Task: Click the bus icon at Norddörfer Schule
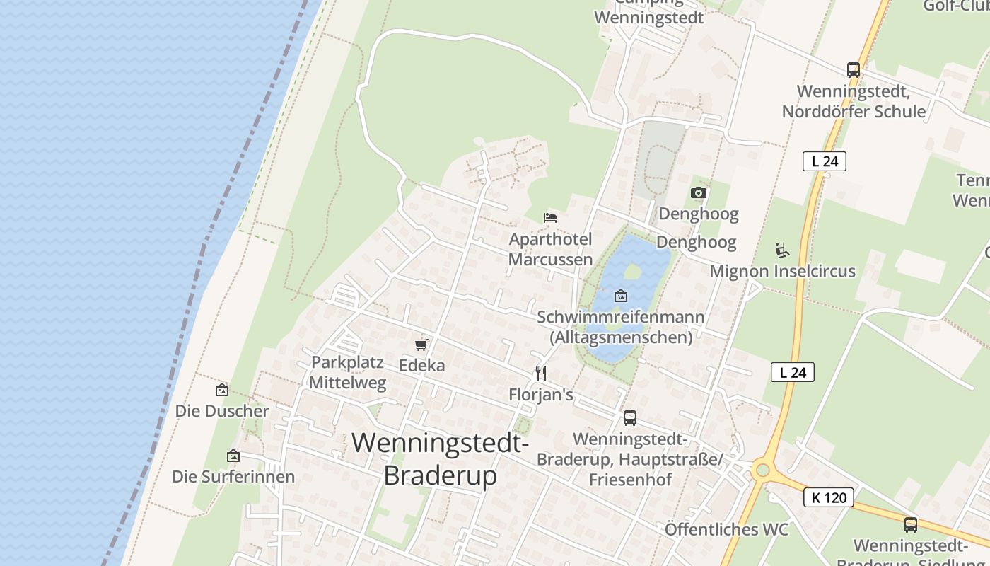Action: (854, 70)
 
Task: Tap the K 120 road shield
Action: (829, 497)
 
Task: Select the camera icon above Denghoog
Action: (699, 192)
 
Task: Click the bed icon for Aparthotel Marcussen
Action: (550, 217)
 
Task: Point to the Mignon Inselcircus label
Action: (782, 271)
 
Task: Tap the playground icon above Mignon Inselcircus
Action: (782, 250)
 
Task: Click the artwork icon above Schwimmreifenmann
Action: (621, 296)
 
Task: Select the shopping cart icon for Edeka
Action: (421, 345)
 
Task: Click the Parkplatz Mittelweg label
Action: (349, 373)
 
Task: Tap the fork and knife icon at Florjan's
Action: (541, 373)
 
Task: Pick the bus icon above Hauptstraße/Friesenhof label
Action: (630, 417)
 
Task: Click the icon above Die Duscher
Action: (222, 390)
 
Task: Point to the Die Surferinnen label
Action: (233, 476)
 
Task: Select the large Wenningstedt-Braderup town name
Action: (440, 459)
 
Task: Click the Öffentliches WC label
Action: (726, 529)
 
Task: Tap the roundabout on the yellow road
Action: (762, 470)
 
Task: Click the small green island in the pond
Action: (632, 271)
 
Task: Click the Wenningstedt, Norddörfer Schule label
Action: (854, 101)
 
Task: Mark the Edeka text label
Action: (422, 365)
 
